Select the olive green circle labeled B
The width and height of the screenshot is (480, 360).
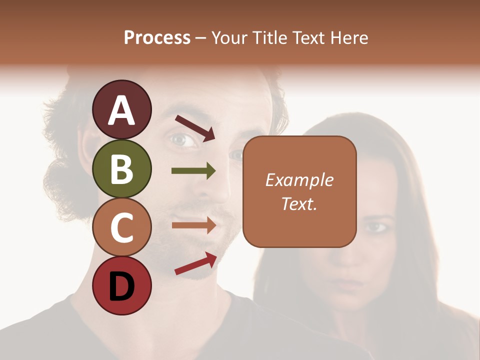pyautogui.click(x=121, y=168)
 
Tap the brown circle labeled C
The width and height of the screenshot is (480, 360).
pyautogui.click(x=121, y=227)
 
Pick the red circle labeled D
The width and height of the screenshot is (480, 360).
pyautogui.click(x=121, y=286)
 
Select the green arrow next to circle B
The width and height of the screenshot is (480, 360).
pyautogui.click(x=193, y=171)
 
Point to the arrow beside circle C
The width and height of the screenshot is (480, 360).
pyautogui.click(x=193, y=225)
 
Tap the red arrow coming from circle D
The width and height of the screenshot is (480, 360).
pyautogui.click(x=195, y=263)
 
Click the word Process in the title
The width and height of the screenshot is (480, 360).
pyautogui.click(x=157, y=37)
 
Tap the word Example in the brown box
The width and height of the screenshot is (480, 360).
pyautogui.click(x=299, y=180)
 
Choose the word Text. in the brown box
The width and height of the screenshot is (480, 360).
pyautogui.click(x=299, y=203)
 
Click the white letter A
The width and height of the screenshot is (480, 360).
pyautogui.click(x=121, y=110)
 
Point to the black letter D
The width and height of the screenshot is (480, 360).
pyautogui.click(x=121, y=286)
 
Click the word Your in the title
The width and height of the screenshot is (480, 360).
pyautogui.click(x=230, y=37)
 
